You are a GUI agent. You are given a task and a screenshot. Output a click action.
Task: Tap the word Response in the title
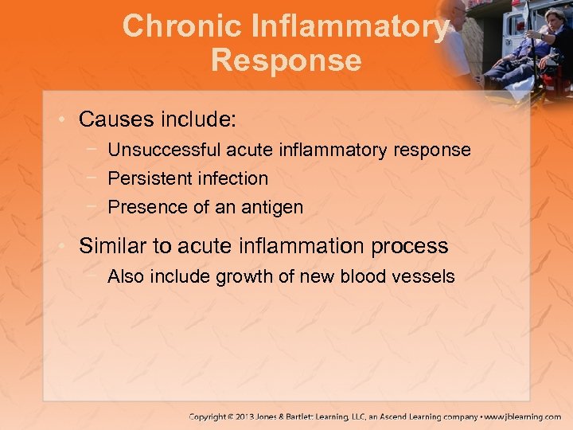pyautogui.click(x=286, y=61)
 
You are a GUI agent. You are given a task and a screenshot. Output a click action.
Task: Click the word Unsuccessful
pyautogui.click(x=165, y=150)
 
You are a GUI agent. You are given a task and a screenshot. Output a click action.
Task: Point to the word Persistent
pyautogui.click(x=144, y=178)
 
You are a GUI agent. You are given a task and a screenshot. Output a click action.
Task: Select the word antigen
pyautogui.click(x=271, y=208)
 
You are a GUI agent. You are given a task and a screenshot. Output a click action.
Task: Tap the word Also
pyautogui.click(x=126, y=276)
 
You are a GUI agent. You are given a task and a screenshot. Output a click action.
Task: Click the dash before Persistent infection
pyautogui.click(x=95, y=178)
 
